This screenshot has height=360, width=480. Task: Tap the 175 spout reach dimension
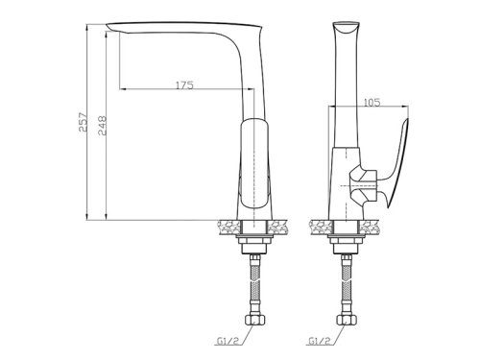[184, 85]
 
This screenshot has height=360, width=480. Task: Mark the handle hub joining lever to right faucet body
[363, 182]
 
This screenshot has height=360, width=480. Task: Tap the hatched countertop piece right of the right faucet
[372, 226]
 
